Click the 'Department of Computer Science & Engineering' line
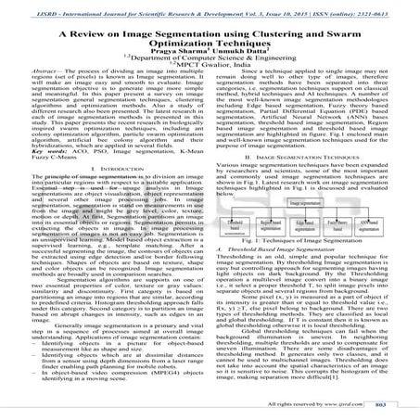[x=210, y=61]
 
